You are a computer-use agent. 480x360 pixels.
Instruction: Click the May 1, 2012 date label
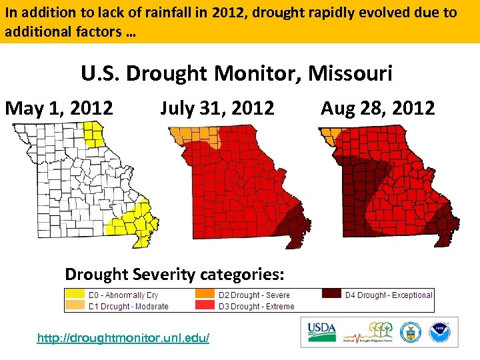pyautogui.click(x=59, y=108)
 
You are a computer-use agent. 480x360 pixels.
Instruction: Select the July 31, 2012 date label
pyautogui.click(x=217, y=108)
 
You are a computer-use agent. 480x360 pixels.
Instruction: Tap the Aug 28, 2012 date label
pyautogui.click(x=377, y=108)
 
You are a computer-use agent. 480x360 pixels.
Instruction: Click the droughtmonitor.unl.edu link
pyautogui.click(x=123, y=338)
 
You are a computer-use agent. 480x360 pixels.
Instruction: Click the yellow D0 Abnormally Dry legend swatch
pyautogui.click(x=75, y=295)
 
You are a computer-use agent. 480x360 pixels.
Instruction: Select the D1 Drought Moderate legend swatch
pyautogui.click(x=75, y=306)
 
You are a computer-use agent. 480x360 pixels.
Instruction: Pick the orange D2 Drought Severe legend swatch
pyautogui.click(x=205, y=295)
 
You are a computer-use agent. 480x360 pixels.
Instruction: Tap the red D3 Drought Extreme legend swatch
pyautogui.click(x=205, y=306)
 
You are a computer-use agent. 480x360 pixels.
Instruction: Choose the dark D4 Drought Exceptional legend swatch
pyautogui.click(x=332, y=295)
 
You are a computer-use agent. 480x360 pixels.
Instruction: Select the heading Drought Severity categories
pyautogui.click(x=175, y=274)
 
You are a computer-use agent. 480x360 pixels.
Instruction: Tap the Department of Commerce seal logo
pyautogui.click(x=409, y=331)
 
